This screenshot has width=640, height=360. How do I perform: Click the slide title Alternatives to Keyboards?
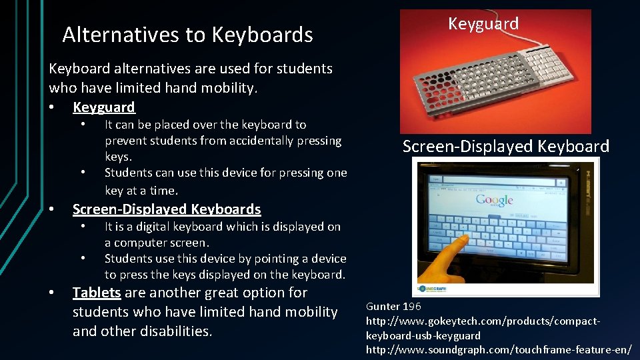tap(187, 35)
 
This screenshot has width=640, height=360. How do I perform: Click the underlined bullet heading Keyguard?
tap(104, 107)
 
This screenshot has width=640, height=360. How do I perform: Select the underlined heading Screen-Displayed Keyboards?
tap(166, 209)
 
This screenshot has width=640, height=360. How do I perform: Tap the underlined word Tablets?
tap(97, 293)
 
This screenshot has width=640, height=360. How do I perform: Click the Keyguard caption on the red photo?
tap(483, 24)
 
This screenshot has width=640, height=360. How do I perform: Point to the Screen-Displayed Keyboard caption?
tap(505, 147)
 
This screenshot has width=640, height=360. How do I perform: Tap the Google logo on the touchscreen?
tap(494, 201)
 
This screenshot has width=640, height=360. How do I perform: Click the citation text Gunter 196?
tap(393, 307)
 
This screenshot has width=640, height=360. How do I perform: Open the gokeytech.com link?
tap(483, 328)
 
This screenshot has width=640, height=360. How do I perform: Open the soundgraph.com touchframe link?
tap(498, 349)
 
